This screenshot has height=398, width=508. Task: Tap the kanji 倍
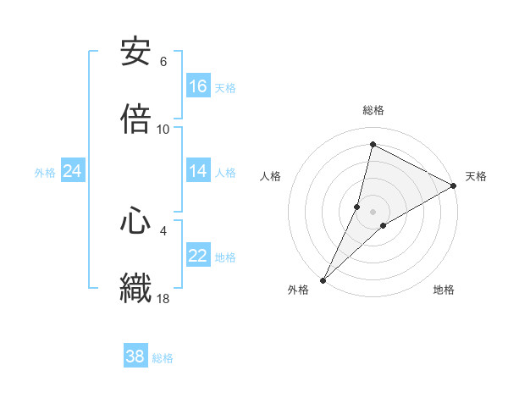click(x=135, y=119)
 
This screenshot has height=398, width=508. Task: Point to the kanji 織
click(x=135, y=287)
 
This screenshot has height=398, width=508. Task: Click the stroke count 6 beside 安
click(x=163, y=62)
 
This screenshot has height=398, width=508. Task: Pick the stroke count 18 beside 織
click(x=163, y=298)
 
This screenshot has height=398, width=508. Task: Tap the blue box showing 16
click(x=198, y=86)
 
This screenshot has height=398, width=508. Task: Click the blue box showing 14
click(x=198, y=171)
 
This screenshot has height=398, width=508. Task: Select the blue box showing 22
click(x=198, y=256)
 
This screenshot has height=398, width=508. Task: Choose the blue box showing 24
click(x=73, y=171)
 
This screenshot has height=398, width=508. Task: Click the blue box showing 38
click(x=135, y=357)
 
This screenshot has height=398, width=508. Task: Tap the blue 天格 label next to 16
click(x=225, y=87)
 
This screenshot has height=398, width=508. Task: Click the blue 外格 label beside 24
click(x=45, y=172)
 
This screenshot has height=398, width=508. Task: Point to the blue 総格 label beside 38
click(x=163, y=357)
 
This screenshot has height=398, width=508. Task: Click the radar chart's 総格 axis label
click(x=373, y=110)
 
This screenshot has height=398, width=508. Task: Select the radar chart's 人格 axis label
click(x=271, y=176)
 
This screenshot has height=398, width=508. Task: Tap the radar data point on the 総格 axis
click(x=373, y=144)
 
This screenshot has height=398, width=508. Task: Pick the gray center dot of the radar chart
click(x=373, y=211)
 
